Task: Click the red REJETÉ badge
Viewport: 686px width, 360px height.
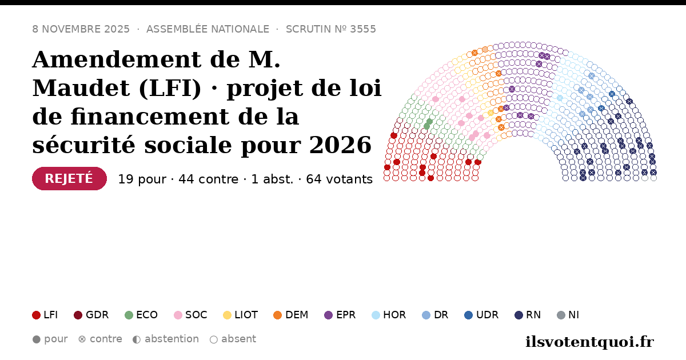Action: point(69,178)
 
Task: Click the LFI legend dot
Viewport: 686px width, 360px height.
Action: point(36,315)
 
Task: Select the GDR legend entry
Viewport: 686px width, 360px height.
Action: point(91,315)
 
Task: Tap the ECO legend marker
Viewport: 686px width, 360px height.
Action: point(129,315)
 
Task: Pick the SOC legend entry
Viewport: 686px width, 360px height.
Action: point(190,315)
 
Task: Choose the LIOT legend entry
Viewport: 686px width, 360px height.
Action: point(241,315)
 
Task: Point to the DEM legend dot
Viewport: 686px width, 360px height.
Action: point(277,315)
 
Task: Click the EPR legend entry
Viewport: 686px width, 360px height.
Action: point(340,315)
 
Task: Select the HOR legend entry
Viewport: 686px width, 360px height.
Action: point(389,315)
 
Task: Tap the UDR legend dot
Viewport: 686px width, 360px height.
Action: point(469,315)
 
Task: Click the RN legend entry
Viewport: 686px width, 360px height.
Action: point(528,315)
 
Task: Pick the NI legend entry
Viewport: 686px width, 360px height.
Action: point(568,315)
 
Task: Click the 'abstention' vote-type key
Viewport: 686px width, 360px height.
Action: point(166,339)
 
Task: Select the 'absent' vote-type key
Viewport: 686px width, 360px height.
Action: point(233,339)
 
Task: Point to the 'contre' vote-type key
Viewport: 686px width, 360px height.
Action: point(100,339)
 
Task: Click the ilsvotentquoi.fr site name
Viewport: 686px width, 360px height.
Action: point(589,342)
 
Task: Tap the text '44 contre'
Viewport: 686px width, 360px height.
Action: point(208,179)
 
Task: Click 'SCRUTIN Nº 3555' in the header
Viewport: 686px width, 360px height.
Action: point(331,29)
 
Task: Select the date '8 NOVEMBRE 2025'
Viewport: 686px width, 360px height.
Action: point(81,29)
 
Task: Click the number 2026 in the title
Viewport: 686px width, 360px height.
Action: point(340,145)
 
